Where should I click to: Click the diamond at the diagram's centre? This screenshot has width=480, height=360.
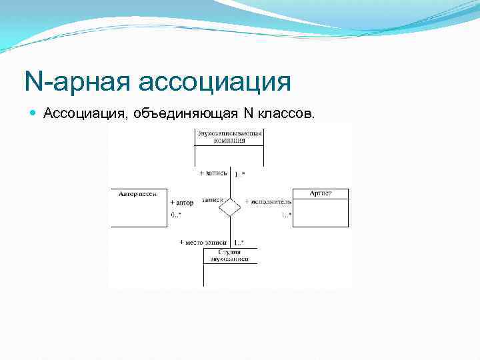pos(230,206)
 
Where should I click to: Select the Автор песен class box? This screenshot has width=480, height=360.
pos(139,207)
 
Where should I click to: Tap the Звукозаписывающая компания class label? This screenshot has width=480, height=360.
pos(229,137)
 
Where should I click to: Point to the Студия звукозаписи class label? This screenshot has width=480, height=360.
pos(229,255)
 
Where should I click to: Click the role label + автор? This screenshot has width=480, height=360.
pos(182,203)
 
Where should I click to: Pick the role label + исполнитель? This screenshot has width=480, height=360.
pos(268,201)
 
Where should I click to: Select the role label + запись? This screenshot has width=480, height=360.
pos(214,173)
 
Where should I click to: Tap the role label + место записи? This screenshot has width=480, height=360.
pos(203,242)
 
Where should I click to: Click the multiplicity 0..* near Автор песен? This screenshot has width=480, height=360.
pos(176,215)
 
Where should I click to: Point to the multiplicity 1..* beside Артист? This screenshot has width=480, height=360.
pos(285,215)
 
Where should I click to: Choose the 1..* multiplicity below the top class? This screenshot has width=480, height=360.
pos(239,175)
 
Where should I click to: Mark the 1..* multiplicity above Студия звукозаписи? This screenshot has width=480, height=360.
pos(239,242)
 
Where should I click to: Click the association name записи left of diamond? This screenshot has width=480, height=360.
pos(211,199)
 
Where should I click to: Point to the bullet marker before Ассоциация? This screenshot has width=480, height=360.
pos(35,114)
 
